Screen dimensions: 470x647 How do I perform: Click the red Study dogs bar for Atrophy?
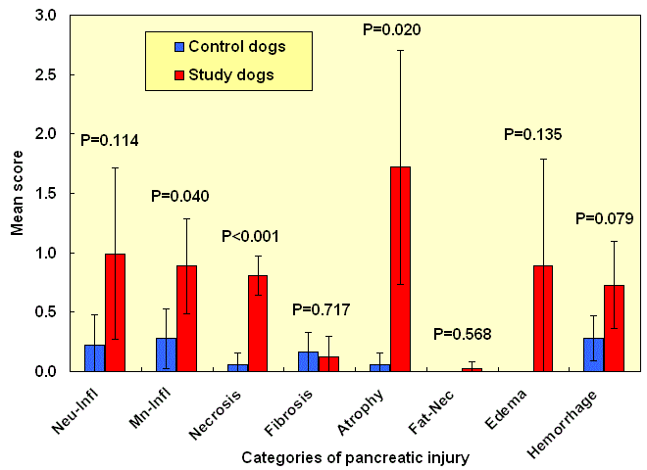[x=401, y=269]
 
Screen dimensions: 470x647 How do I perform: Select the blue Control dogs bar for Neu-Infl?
[x=95, y=358]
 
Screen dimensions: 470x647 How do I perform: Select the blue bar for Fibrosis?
[x=308, y=361]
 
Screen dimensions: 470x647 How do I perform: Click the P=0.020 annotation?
[x=392, y=30]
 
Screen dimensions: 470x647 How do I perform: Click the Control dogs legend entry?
[x=229, y=46]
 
